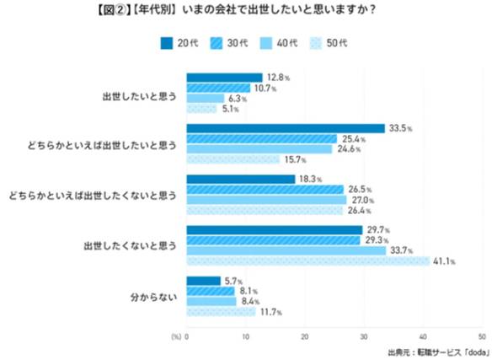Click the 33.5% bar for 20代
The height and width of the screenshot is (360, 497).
click(x=285, y=128)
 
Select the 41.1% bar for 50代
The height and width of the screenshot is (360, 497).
click(x=307, y=261)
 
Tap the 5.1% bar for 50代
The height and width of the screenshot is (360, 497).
click(x=201, y=109)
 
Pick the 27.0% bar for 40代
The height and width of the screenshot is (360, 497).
click(x=266, y=201)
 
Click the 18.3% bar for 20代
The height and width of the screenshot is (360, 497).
click(x=241, y=180)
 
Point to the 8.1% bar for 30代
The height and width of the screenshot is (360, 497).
click(x=211, y=291)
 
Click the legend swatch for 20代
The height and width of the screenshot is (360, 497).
click(x=167, y=42)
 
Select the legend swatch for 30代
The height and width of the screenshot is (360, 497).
click(x=222, y=42)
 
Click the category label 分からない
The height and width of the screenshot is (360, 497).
click(x=152, y=296)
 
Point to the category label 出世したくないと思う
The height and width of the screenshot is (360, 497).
click(x=131, y=245)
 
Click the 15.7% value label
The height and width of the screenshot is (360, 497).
click(x=295, y=159)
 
